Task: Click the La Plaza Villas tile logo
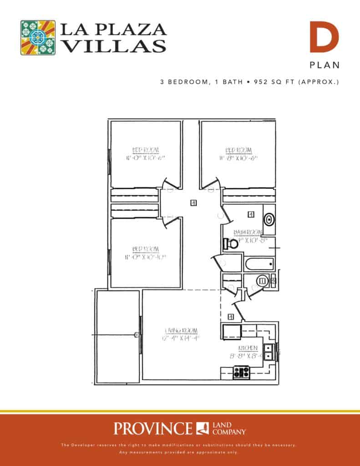38,38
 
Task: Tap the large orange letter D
325,37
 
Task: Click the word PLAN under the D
325,65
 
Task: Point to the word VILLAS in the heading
113,46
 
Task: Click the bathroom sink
269,219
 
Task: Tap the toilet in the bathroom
231,244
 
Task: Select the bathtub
259,263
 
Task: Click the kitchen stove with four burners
241,372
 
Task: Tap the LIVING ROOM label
178,330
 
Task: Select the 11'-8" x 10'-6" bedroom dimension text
238,158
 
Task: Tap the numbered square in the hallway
194,203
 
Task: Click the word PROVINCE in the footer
153,428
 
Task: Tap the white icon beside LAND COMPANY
203,428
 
